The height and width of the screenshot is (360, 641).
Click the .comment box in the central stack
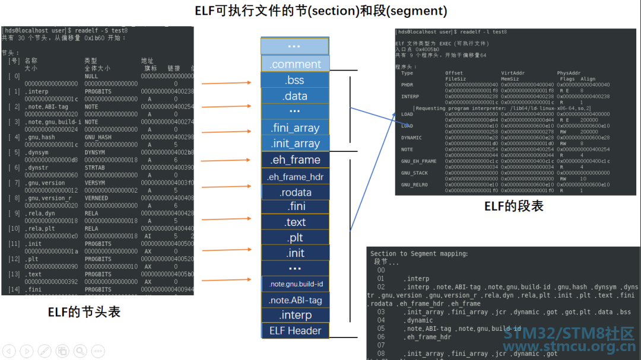tap(295, 64)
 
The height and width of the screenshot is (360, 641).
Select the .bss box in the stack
tap(295, 80)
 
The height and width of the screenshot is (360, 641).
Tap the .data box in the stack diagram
tap(295, 95)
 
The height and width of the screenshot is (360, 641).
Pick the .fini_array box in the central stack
tap(295, 128)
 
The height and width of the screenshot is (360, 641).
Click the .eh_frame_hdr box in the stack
tap(295, 177)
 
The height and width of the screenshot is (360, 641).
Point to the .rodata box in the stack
tap(295, 192)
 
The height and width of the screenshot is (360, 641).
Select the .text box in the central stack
tap(295, 222)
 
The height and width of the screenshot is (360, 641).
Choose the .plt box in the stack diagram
tap(295, 238)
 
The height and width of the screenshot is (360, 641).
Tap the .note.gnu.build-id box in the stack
tap(295, 284)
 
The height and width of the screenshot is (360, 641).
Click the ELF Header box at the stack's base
tap(295, 330)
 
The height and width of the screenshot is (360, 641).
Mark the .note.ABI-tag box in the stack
tap(295, 300)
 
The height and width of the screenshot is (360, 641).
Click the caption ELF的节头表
tap(84, 312)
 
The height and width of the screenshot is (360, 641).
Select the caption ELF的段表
tap(513, 206)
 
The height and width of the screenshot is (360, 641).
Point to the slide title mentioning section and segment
tap(321, 11)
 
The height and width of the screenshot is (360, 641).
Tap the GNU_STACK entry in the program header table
tap(414, 173)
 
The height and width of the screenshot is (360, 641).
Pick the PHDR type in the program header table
tap(408, 85)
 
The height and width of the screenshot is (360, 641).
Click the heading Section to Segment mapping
tap(419, 253)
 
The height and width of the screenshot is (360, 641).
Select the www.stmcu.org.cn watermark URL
tap(569, 347)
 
